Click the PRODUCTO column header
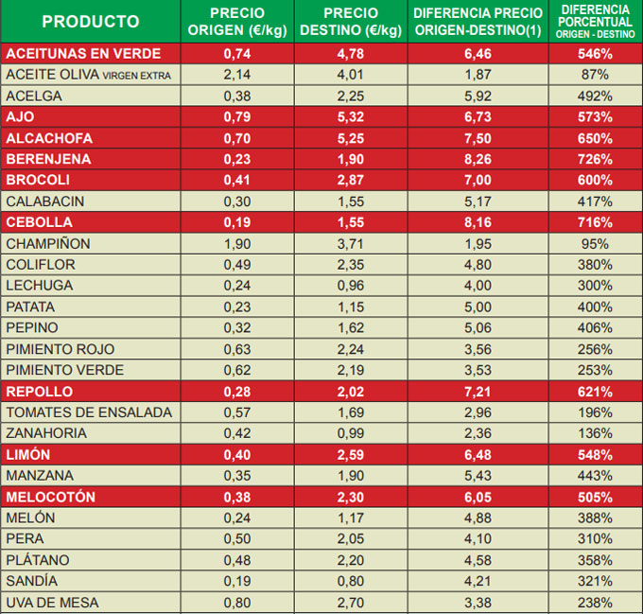coord(91,22)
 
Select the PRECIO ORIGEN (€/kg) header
coord(237,22)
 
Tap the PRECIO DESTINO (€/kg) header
coord(351,22)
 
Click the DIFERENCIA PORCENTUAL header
coord(596,21)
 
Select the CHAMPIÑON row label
coord(48,243)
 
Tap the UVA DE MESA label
coord(52,603)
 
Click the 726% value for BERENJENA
coord(596,159)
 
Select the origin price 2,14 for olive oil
coord(237,74)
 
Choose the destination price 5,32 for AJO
coord(351,117)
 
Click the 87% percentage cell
coord(596,74)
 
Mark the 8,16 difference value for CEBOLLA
coord(478,222)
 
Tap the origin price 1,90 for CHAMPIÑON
coord(237,243)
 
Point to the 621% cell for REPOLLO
coord(596,392)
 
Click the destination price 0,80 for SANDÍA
coord(351,581)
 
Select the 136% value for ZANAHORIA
coord(596,433)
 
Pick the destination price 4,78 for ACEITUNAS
coord(351,53)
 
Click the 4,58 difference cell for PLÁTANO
coord(478,560)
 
